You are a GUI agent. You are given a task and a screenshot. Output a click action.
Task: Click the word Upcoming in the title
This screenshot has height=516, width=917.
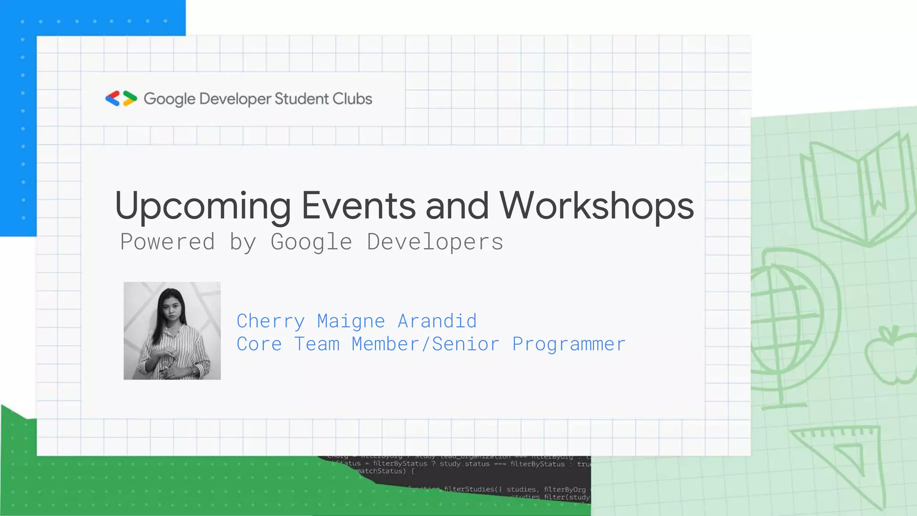click(x=203, y=206)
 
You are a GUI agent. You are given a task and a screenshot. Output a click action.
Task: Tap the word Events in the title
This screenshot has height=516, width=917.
click(x=359, y=206)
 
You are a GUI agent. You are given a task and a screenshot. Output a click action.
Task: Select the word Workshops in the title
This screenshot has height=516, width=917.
click(x=596, y=206)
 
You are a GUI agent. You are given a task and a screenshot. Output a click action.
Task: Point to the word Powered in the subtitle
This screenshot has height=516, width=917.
click(x=167, y=242)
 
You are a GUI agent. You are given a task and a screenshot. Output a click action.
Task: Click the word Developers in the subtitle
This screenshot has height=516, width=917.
click(x=435, y=242)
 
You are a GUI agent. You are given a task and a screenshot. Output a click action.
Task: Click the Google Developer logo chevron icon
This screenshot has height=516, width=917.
click(x=121, y=99)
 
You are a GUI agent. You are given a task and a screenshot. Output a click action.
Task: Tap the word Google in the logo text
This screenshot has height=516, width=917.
click(x=169, y=99)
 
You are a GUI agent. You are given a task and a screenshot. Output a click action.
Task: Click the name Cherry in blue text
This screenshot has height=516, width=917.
click(x=270, y=321)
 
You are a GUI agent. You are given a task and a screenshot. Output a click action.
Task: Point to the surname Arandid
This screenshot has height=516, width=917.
click(x=437, y=321)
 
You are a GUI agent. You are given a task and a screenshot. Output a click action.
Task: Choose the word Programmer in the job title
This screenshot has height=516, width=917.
click(x=569, y=344)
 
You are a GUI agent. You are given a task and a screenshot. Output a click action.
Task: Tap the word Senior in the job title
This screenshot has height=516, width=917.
click(x=466, y=344)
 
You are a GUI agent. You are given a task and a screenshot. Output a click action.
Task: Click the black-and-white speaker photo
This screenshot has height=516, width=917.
click(x=172, y=331)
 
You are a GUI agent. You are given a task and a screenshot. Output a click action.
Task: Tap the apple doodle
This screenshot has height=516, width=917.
click(x=891, y=356)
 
